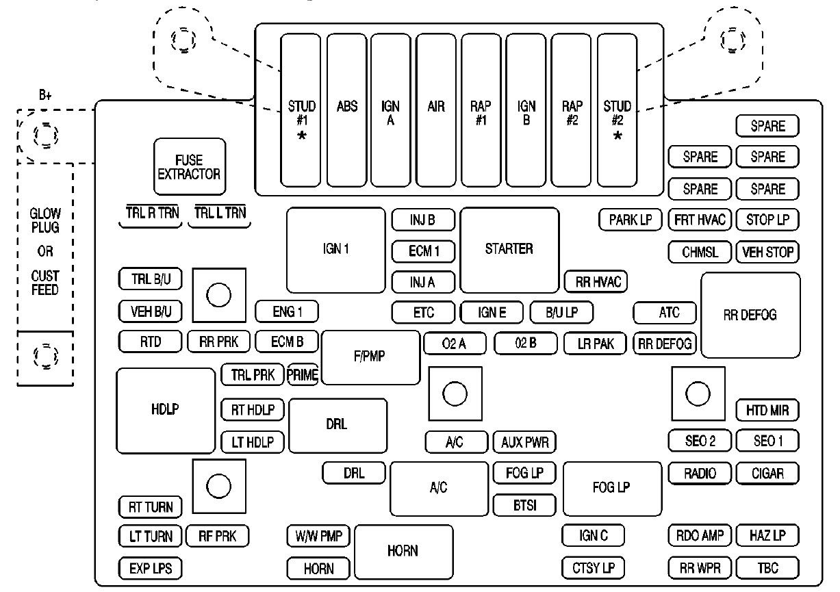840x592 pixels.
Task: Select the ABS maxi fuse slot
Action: (x=347, y=110)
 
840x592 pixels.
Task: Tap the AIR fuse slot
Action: (x=436, y=110)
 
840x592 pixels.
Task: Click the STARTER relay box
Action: (x=509, y=250)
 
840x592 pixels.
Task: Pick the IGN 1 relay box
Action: (x=336, y=250)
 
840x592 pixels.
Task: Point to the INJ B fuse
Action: (x=423, y=220)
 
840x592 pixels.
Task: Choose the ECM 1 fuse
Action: (x=423, y=251)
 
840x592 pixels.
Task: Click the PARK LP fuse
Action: (x=631, y=220)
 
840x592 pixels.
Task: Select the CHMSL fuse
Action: (x=700, y=252)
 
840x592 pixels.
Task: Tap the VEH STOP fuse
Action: (x=767, y=252)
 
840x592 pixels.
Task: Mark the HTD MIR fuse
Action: (x=767, y=411)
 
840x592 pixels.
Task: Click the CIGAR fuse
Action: (x=767, y=473)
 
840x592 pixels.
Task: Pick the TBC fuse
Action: (x=767, y=567)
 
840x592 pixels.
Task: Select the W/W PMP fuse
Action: (x=318, y=536)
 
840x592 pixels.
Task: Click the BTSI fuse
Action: (x=524, y=505)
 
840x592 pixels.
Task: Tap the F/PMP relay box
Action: (x=370, y=357)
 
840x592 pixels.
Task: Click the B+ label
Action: (x=45, y=96)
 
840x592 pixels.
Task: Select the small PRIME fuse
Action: (x=303, y=374)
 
